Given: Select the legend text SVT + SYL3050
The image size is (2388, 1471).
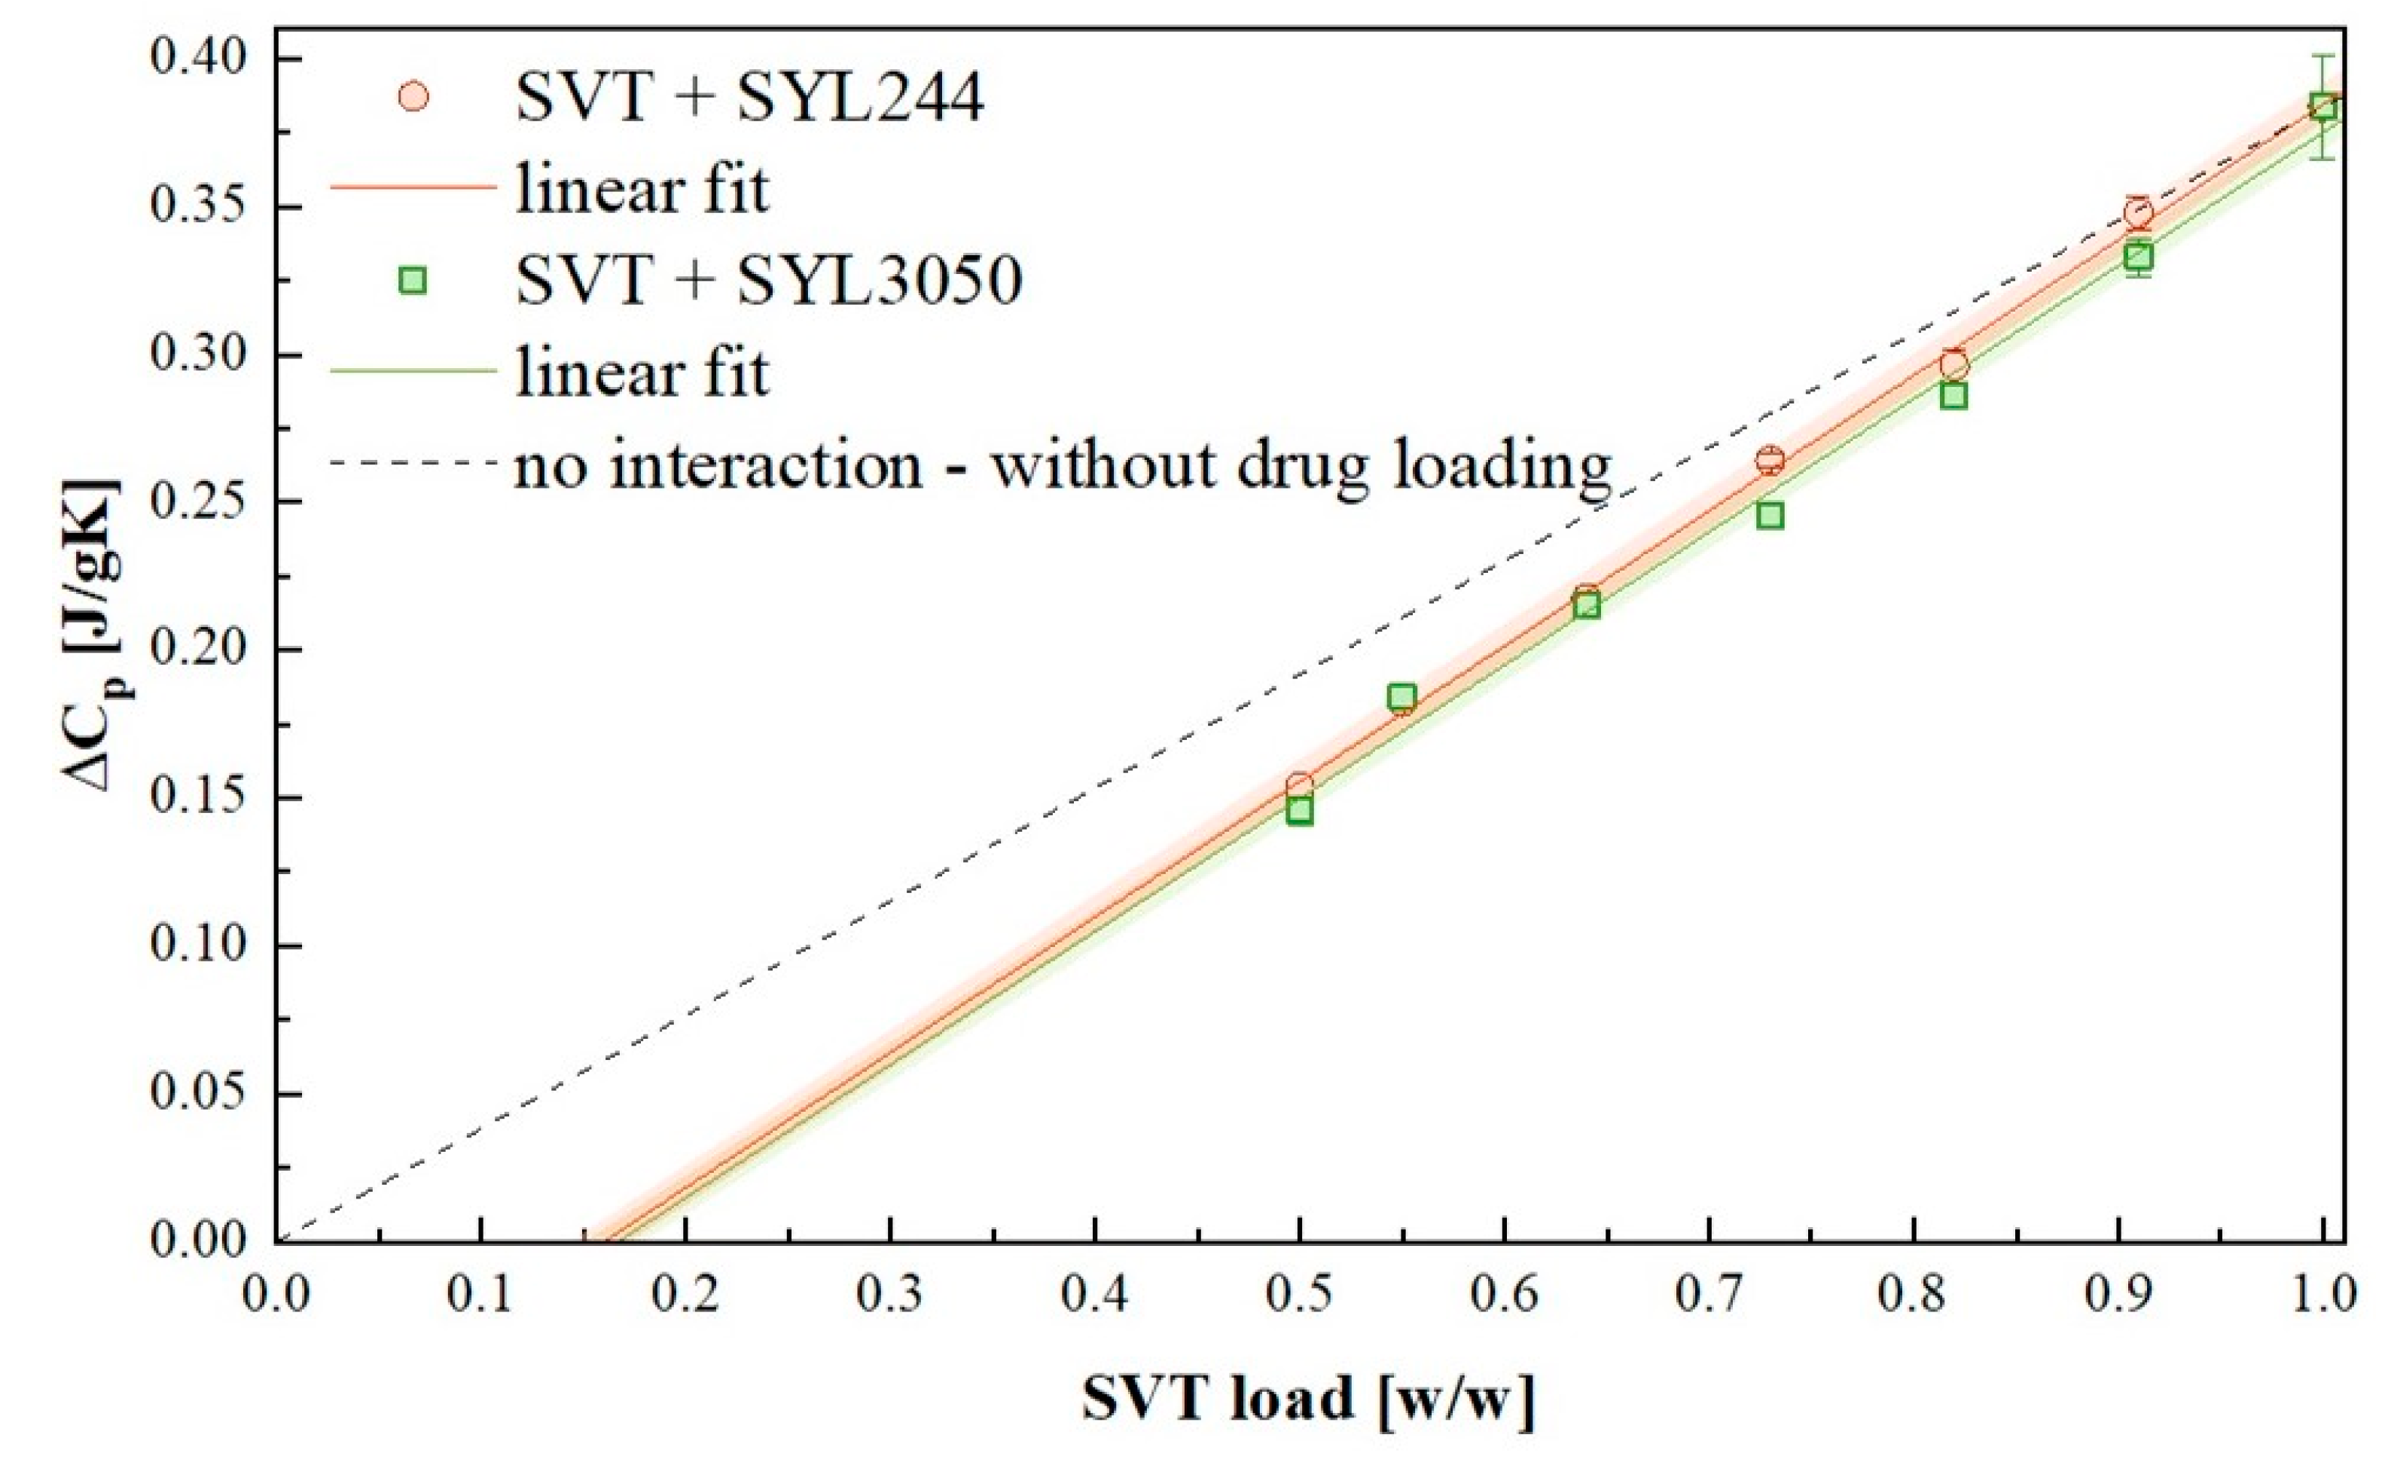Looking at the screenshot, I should point(769,280).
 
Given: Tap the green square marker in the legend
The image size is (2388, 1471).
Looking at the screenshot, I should point(413,280).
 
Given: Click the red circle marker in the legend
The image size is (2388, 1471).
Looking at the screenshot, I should point(413,96).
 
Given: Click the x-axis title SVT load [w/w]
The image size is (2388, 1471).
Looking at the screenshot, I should point(1308,1399).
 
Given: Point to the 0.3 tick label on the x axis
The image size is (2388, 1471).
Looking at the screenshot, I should point(890,1296).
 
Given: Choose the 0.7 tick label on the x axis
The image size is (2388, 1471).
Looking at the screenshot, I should point(1709,1296).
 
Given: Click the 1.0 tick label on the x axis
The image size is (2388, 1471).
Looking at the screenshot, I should point(2322,1296).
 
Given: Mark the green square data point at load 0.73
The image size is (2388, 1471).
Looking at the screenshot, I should point(1770,516).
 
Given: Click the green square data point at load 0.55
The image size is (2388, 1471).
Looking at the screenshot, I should point(1401,696).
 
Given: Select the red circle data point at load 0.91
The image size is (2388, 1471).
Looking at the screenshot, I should point(2138,212).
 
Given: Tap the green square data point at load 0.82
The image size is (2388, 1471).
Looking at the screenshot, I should point(1953,396).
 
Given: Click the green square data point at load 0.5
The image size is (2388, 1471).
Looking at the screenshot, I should point(1299,812).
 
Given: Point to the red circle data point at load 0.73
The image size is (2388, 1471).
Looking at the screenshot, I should point(1770,460).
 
